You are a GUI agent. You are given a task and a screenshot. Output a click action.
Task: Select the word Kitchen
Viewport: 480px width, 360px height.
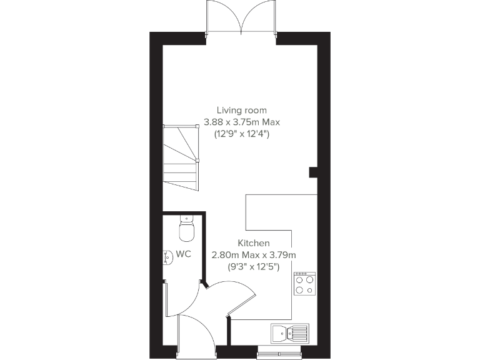254,242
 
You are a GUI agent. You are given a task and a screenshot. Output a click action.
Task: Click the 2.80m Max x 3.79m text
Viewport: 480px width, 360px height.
254,254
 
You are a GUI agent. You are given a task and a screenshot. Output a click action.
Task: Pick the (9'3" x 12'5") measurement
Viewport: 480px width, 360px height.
254,266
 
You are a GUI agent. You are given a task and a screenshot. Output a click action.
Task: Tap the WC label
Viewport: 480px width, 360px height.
183,254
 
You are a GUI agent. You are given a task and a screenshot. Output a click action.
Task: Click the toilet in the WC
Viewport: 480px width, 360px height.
187,229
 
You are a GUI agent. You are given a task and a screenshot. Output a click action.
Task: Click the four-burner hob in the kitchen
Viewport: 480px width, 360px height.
305,284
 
